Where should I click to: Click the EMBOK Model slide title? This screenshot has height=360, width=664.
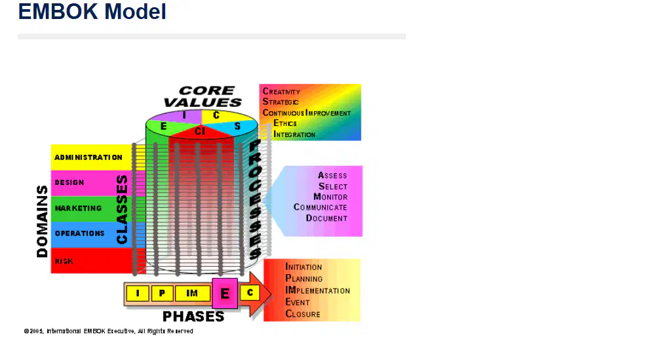click(92, 11)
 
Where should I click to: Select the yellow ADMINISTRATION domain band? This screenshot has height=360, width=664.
click(92, 157)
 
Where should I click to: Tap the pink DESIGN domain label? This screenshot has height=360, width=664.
click(69, 182)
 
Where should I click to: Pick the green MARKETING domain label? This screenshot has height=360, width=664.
click(79, 209)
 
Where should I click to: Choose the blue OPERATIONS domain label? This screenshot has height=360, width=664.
click(79, 233)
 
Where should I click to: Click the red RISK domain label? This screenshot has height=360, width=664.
click(64, 262)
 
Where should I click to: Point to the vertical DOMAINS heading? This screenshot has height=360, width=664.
click(43, 221)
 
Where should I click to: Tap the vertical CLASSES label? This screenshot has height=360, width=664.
click(122, 209)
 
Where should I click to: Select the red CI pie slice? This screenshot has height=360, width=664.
click(201, 132)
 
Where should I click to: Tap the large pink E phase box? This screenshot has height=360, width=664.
click(225, 293)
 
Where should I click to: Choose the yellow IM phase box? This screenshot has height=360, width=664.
click(192, 293)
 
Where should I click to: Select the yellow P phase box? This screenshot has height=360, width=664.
click(162, 293)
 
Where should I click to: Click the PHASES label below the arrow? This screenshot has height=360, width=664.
click(193, 316)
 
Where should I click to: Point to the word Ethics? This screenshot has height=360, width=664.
click(285, 123)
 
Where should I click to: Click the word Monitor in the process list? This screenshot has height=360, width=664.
click(330, 197)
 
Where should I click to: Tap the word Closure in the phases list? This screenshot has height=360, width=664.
click(303, 314)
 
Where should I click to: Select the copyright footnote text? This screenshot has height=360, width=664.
click(108, 331)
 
